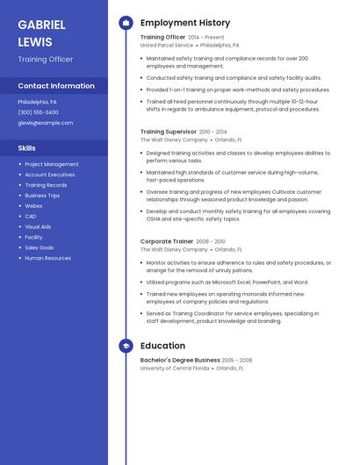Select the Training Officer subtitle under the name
(45, 60)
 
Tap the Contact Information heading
(56, 86)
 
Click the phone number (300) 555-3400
(38, 112)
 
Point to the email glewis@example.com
(45, 123)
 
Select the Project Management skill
(52, 164)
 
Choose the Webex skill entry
(33, 205)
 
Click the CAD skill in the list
(31, 216)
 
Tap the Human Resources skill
(47, 258)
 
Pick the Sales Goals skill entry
(40, 247)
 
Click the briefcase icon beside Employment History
(126, 23)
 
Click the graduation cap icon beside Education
(126, 346)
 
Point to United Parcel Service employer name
(167, 45)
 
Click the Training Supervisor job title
(169, 132)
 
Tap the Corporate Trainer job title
(167, 241)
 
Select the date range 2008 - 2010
(211, 241)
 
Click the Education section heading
(162, 346)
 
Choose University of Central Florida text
(175, 368)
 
